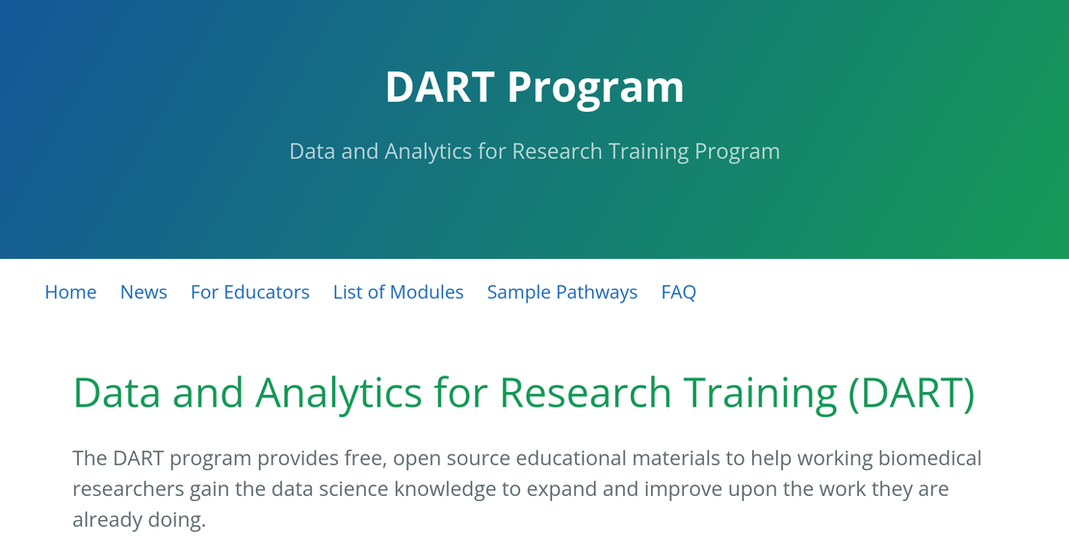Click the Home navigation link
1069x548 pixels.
click(70, 292)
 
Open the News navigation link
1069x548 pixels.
click(143, 292)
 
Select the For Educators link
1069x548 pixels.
click(249, 292)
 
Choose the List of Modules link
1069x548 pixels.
click(398, 292)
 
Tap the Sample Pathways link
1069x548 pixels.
click(561, 292)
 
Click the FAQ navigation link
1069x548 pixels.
click(678, 292)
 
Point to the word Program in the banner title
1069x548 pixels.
click(595, 88)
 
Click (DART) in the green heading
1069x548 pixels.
click(911, 393)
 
